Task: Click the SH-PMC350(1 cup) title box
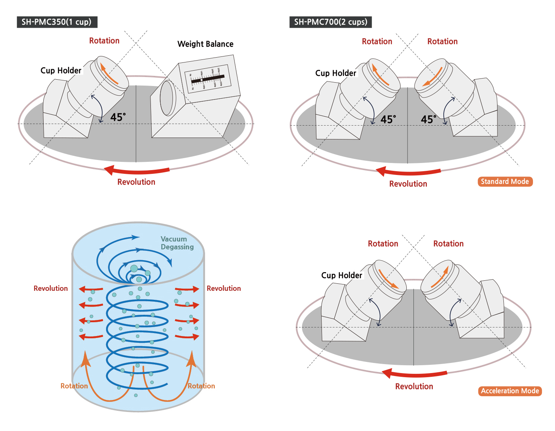[57, 22]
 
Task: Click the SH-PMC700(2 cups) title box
[331, 22]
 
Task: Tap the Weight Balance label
[205, 44]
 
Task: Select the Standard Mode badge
[505, 182]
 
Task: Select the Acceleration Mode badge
[510, 391]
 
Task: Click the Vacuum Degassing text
[177, 243]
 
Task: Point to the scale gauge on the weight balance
[208, 79]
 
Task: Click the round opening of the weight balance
[167, 98]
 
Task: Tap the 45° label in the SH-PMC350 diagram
[118, 117]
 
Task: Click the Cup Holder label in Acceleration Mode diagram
[341, 275]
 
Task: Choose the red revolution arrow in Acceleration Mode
[415, 373]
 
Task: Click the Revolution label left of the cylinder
[51, 289]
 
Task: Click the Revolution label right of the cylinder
[224, 289]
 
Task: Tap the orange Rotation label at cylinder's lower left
[74, 386]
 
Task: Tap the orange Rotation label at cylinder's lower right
[201, 386]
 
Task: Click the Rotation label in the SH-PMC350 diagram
[104, 41]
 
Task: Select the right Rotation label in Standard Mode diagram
[442, 41]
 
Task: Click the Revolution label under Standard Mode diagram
[408, 184]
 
